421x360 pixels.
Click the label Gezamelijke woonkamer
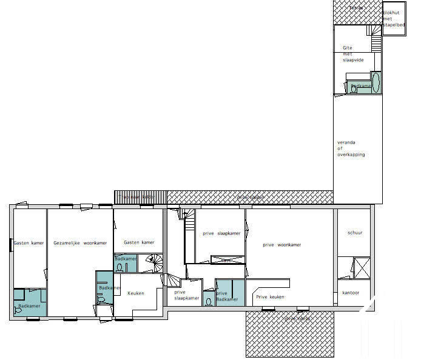click(80, 242)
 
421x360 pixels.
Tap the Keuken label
click(136, 293)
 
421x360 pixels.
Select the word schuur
click(355, 233)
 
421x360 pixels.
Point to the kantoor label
click(351, 293)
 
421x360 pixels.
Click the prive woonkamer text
click(281, 245)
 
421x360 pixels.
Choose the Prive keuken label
click(270, 297)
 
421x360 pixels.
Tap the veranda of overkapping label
click(351, 148)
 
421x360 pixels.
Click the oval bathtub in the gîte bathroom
click(376, 82)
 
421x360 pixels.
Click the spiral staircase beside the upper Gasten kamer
click(153, 263)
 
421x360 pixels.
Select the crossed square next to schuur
click(362, 267)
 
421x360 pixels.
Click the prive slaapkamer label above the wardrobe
click(221, 233)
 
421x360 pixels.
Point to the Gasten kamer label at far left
click(29, 242)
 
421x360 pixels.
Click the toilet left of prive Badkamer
click(209, 301)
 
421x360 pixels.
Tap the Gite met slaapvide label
click(351, 53)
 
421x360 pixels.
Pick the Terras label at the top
click(357, 8)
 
